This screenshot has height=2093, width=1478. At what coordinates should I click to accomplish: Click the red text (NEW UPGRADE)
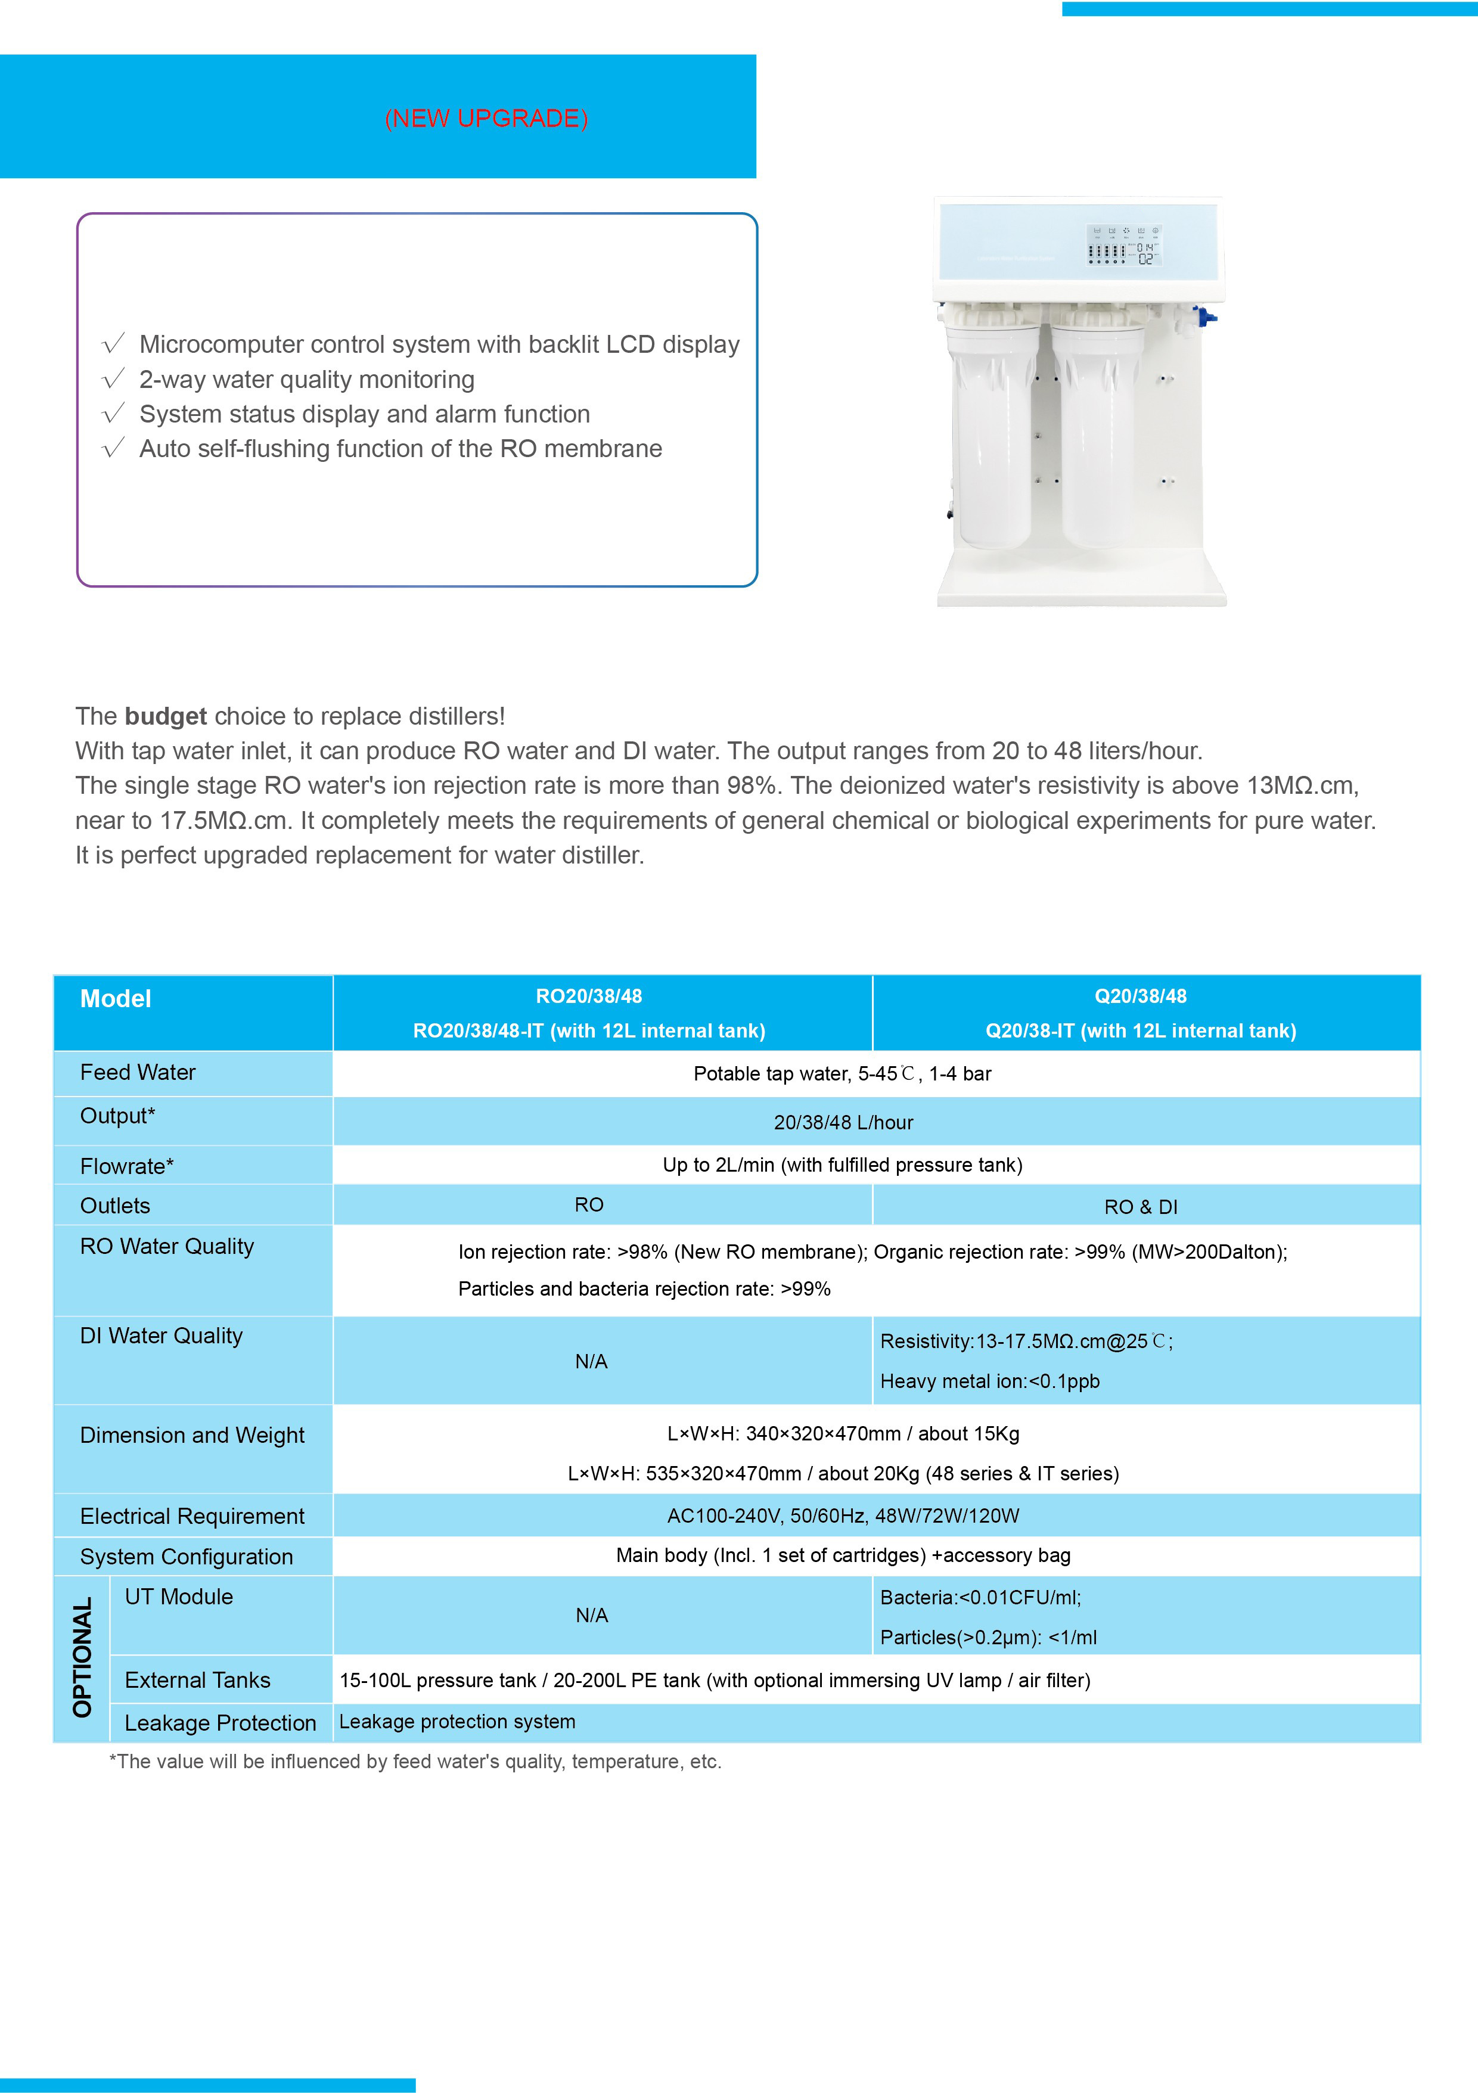(486, 119)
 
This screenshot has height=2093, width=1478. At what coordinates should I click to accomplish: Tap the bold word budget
(166, 716)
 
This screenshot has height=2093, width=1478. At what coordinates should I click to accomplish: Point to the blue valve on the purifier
(1206, 317)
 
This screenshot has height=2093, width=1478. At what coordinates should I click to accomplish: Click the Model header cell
(116, 999)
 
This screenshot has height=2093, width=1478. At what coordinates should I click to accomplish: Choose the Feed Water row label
(138, 1073)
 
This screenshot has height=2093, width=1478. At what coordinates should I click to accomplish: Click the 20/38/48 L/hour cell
(843, 1122)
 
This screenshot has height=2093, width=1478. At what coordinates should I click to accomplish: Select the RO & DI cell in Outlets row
(1141, 1207)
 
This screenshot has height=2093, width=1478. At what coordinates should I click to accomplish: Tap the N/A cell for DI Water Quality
(591, 1361)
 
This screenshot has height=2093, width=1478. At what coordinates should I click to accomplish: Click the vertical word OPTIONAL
(83, 1657)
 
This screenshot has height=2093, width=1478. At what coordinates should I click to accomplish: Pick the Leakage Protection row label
(221, 1723)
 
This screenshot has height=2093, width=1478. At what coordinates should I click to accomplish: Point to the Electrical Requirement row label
(192, 1516)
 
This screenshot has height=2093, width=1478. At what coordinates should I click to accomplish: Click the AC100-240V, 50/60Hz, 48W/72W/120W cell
(843, 1516)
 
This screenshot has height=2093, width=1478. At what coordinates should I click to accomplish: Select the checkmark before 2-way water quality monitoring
(113, 379)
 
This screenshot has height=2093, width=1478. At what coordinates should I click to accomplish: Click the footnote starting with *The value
(415, 1761)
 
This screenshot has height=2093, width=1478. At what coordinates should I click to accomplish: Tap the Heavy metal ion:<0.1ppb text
(990, 1381)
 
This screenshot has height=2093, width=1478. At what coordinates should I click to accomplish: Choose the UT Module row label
(179, 1597)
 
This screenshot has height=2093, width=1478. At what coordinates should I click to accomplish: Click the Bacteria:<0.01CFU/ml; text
(980, 1597)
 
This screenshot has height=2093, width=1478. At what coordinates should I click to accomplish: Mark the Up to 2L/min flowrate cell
(843, 1165)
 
